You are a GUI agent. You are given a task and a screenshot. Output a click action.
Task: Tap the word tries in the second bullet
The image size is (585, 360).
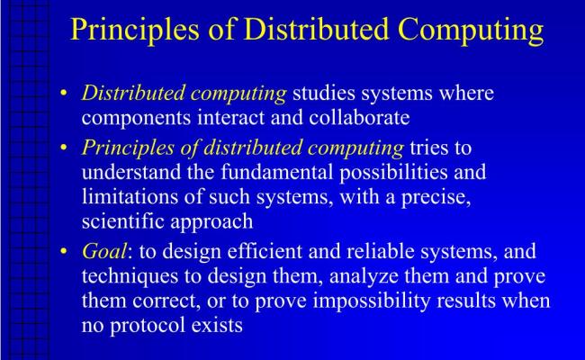pos(441,148)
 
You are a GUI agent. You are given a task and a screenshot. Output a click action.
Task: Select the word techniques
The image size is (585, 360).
pos(130,276)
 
